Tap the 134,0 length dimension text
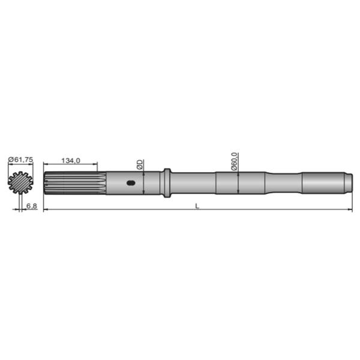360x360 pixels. point(71,160)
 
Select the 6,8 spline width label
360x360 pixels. point(32,206)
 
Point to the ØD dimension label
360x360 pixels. point(139,164)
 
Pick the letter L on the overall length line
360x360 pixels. point(197,206)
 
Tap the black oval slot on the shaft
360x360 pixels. point(130,184)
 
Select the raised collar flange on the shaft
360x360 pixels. point(166,183)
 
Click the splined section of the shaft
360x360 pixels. point(75,184)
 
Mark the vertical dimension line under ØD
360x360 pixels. point(144,183)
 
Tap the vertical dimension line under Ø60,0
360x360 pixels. point(239,183)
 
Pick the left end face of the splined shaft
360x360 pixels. point(45,184)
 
